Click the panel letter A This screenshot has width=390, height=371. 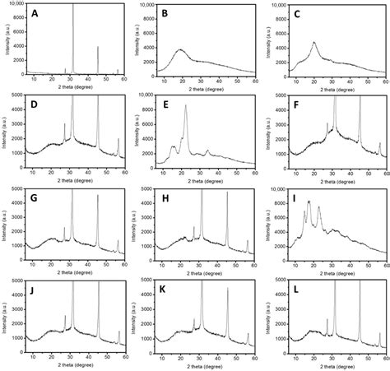35,14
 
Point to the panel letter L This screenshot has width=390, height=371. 294,290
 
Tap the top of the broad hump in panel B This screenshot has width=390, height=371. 182,49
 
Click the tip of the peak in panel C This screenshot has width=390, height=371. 313,42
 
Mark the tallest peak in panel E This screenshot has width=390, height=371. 186,105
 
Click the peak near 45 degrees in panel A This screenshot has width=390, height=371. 98,47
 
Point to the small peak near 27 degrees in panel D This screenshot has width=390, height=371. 65,124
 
